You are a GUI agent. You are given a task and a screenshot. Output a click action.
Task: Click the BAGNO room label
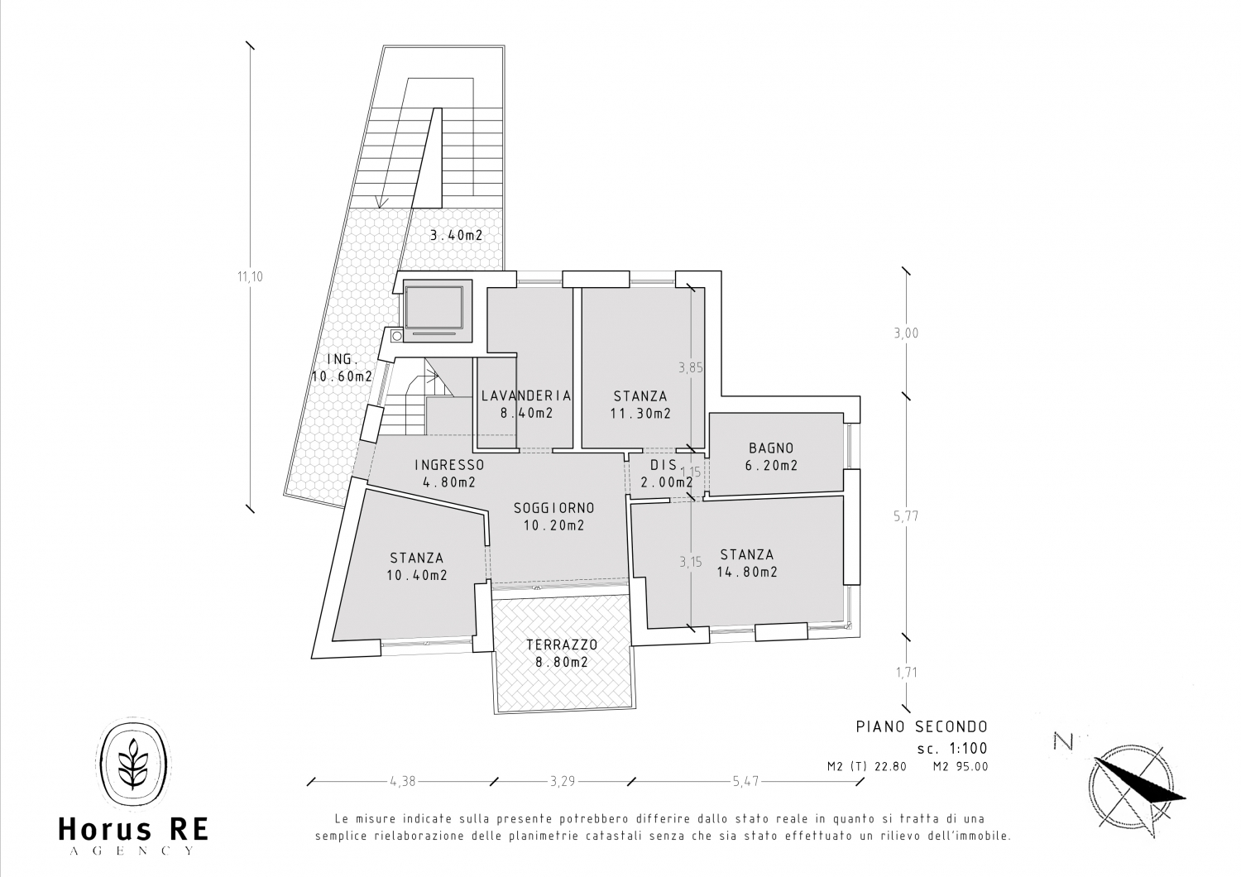coord(771,448)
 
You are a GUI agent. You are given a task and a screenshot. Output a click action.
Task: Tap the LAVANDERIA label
coord(525,395)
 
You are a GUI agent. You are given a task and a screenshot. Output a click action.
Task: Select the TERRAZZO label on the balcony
coord(562,645)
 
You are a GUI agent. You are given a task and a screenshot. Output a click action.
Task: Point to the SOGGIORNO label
coord(554,507)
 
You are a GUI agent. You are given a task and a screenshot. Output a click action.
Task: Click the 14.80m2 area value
coord(747,572)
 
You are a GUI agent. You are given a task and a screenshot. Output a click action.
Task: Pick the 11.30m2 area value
coord(640,414)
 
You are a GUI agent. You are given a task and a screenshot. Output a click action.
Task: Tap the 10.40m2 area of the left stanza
coord(417,576)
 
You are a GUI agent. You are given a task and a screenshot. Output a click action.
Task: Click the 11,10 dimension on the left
coord(250,276)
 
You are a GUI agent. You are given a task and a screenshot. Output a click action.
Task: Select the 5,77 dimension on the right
coord(906,516)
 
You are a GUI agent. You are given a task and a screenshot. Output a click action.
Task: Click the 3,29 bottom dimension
coord(563,781)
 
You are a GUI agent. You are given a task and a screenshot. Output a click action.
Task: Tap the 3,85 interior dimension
coord(691,367)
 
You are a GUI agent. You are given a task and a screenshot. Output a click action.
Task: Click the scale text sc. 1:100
coord(951,749)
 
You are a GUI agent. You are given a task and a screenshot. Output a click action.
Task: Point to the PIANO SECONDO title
coord(922,726)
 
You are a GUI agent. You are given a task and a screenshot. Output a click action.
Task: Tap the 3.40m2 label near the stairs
coord(457,236)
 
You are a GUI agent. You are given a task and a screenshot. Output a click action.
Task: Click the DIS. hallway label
coord(664,465)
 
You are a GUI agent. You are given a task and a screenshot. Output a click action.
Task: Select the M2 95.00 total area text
coord(961,767)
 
